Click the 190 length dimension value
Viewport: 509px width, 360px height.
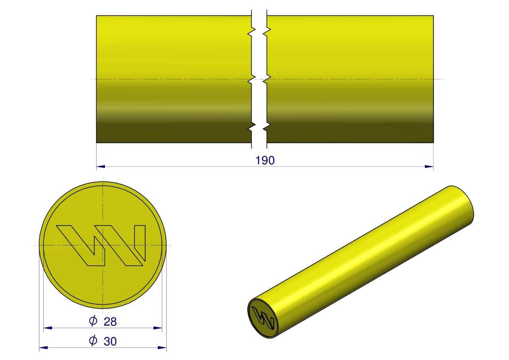coord(265,160)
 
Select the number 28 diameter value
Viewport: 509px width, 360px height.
coord(110,321)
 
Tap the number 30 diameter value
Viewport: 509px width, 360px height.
coord(110,341)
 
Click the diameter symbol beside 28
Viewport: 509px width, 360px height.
coord(93,321)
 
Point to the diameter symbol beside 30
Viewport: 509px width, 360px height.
coord(93,341)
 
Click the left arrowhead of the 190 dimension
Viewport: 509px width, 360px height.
coord(101,167)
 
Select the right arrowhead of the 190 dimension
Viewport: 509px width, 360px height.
coord(429,167)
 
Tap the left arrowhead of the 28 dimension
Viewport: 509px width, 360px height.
coord(48,328)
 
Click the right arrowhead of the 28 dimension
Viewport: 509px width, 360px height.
coord(158,328)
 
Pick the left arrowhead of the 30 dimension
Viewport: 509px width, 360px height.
coord(43,348)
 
